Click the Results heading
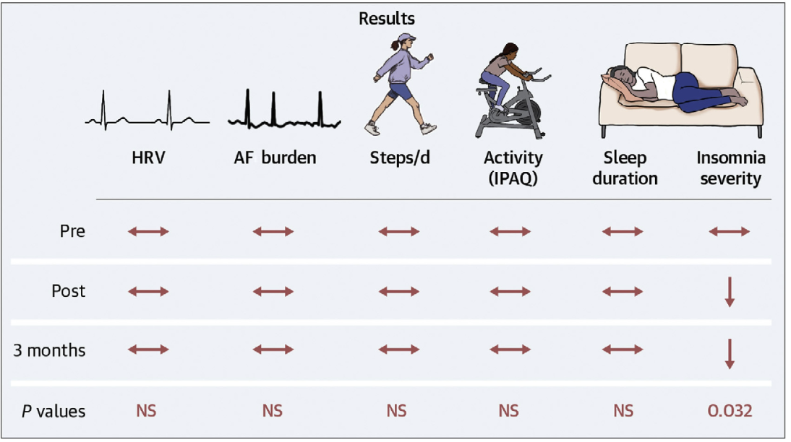tap(387, 18)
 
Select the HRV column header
tap(148, 158)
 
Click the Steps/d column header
tap(398, 158)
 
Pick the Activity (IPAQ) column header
tap(513, 168)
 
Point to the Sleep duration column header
tap(625, 168)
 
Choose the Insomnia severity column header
tap(730, 168)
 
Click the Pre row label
tap(72, 232)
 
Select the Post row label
tap(68, 291)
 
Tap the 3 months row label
tap(49, 351)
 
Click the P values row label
tap(51, 412)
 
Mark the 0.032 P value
tap(730, 411)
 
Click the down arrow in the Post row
tap(730, 292)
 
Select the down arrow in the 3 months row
tap(730, 353)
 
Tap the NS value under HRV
tap(147, 411)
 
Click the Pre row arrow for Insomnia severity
tap(730, 232)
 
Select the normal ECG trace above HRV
tap(147, 111)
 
